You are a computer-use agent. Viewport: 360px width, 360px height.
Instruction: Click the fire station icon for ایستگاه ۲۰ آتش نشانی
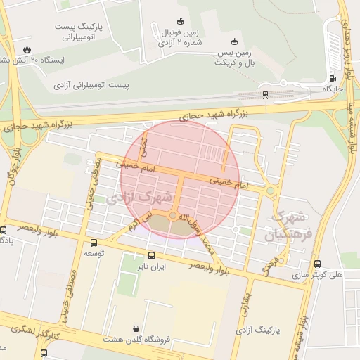(x=27, y=49)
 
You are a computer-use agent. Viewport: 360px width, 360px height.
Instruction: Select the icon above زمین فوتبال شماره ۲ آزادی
(x=180, y=20)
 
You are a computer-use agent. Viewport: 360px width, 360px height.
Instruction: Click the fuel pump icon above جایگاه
(x=332, y=78)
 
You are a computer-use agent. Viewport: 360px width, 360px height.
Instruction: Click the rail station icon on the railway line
(x=265, y=94)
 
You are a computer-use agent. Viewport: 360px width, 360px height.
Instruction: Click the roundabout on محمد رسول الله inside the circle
(x=172, y=216)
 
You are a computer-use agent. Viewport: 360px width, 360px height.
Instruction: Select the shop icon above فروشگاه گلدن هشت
(x=135, y=328)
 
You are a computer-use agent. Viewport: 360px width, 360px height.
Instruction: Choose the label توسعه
(x=95, y=252)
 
